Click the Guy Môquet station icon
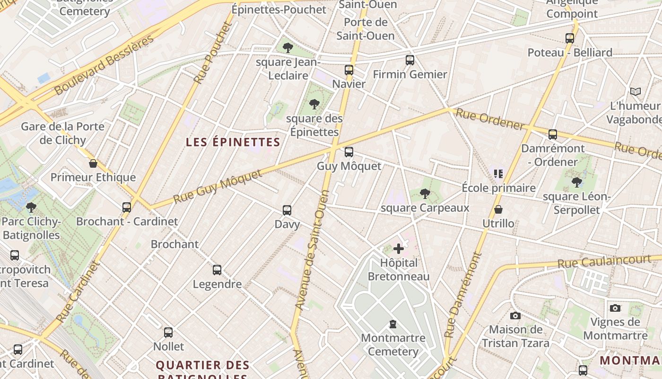pos(349,152)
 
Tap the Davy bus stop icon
pos(287,210)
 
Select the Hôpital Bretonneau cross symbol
pos(399,248)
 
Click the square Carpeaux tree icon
pos(425,193)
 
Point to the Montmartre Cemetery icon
pos(392,325)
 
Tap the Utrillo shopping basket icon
pos(498,209)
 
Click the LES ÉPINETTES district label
pos(233,142)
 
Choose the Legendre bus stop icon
pos(217,270)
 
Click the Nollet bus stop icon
pos(168,333)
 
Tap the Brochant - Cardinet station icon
pos(127,208)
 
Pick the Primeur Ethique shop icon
pos(93,163)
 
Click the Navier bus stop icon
pos(349,70)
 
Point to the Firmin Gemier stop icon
pos(410,60)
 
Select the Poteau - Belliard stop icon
pos(570,38)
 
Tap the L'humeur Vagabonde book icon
pos(636,91)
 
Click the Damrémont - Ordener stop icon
pos(553,135)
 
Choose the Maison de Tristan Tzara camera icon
pos(515,316)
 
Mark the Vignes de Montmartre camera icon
pos(615,308)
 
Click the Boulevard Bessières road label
pos(105,64)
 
